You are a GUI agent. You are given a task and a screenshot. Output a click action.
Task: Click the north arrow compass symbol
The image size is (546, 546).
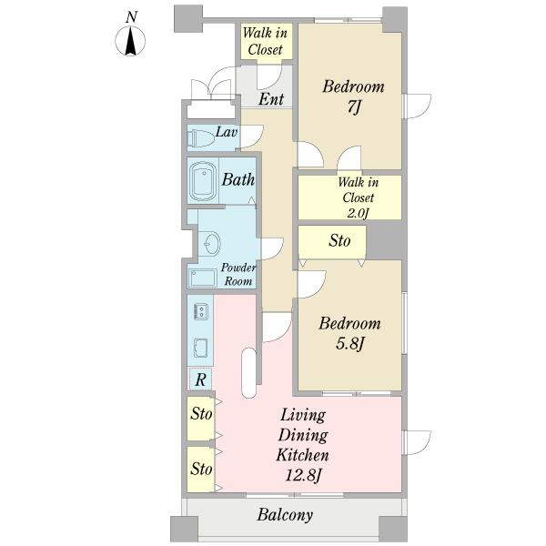130,41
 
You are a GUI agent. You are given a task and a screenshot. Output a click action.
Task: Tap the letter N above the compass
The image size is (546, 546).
131,16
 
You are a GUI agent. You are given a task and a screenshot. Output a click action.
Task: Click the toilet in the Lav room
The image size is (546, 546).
200,138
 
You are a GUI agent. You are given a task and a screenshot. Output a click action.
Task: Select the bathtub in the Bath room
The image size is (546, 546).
203,181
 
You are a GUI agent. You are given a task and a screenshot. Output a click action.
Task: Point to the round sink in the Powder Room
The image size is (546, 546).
212,243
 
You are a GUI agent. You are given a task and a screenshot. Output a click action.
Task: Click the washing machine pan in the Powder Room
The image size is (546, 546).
203,278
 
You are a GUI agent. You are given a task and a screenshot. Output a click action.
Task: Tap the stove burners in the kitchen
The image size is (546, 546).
201,310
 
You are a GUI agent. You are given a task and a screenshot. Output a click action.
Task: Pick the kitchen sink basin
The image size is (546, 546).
200,348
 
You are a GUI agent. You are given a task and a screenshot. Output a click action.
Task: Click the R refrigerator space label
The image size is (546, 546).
200,379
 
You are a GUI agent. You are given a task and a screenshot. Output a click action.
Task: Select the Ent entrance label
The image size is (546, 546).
271,99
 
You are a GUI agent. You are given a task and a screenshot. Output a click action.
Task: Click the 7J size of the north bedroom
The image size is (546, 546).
353,106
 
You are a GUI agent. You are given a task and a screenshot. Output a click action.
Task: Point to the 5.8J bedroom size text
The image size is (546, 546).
350,344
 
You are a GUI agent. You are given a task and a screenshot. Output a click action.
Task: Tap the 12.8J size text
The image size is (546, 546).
303,475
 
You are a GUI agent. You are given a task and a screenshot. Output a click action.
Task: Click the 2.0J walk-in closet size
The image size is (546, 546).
358,213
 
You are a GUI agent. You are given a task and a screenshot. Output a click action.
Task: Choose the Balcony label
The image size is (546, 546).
285,515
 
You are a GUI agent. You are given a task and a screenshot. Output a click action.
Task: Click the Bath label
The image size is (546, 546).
238,179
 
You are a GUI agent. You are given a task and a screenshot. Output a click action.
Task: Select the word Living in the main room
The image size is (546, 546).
303,416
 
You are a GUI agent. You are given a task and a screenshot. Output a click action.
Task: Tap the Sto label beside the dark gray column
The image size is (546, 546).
339,240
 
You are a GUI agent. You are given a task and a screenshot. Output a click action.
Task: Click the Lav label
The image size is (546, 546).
227,132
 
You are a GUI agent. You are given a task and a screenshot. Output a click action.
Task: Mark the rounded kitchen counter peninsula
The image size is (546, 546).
248,372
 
